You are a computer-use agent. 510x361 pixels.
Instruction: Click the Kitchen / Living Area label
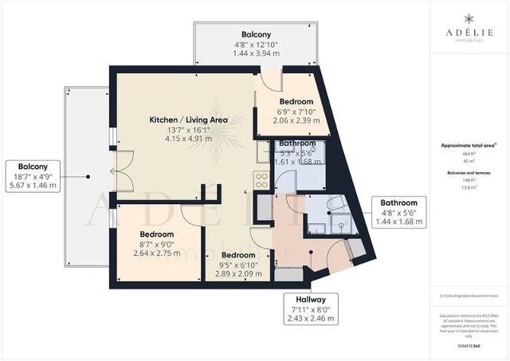click(x=189, y=120)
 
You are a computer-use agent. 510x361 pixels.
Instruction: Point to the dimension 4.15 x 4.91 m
click(x=189, y=139)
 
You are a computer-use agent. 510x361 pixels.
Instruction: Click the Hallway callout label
click(x=313, y=299)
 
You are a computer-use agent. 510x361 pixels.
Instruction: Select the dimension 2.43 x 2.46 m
click(x=313, y=318)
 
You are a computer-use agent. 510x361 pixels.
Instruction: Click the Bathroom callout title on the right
click(x=398, y=203)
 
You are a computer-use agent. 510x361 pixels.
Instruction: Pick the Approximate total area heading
click(x=469, y=146)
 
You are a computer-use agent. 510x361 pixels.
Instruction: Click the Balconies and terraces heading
click(x=469, y=171)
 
